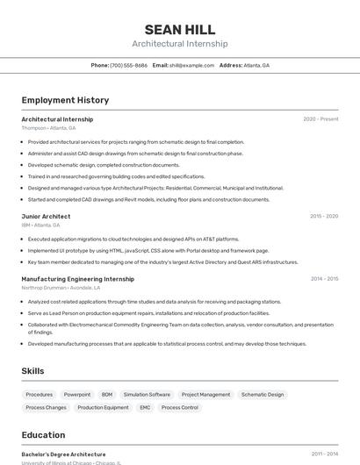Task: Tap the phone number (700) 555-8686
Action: tap(128, 65)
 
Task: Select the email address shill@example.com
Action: tap(191, 65)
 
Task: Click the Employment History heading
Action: tap(65, 100)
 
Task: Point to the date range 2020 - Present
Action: tap(320, 119)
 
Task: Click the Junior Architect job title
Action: tap(46, 216)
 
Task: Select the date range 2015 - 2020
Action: tap(323, 216)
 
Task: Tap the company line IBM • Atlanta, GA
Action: tap(41, 225)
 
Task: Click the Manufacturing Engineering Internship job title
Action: tap(77, 279)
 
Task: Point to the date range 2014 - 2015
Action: tap(324, 279)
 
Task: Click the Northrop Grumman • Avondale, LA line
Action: tap(61, 288)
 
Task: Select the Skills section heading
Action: tap(32, 371)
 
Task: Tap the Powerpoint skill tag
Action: tap(77, 395)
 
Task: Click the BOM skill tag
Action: tap(107, 395)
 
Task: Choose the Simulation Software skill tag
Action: tap(147, 395)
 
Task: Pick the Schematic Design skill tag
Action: tap(263, 395)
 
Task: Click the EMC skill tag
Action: tap(145, 407)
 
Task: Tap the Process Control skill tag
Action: tap(180, 407)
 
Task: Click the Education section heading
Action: tap(43, 435)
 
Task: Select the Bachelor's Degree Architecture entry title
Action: tap(63, 454)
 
